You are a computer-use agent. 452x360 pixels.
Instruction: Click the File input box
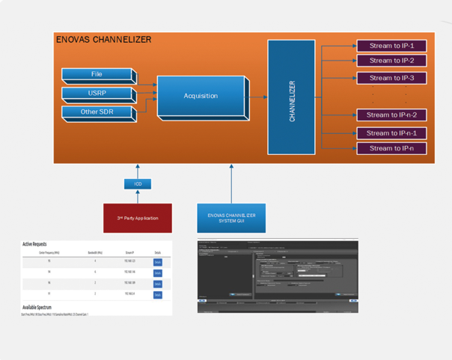pos(97,75)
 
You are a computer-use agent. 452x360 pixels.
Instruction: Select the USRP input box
pos(97,94)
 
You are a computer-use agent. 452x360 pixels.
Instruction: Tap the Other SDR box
pos(97,112)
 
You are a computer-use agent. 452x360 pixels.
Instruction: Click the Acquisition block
pos(201,96)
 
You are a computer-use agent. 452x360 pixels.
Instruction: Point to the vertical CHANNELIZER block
pos(291,97)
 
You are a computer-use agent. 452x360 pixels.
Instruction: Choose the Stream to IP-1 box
pos(391,46)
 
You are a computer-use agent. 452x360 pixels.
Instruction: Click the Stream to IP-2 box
pos(391,61)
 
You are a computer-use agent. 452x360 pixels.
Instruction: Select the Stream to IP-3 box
pos(391,78)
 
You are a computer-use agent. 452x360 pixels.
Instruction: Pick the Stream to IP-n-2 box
pos(391,115)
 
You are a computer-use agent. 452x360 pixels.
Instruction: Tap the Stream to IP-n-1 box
pos(391,133)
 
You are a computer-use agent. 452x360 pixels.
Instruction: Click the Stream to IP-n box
pos(391,148)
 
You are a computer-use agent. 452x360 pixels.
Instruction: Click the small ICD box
pos(138,183)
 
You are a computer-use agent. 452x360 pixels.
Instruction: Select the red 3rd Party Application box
pos(137,218)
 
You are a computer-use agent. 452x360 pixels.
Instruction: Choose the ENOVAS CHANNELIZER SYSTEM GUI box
pos(231,218)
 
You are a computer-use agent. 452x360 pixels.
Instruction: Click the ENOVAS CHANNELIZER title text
pos(103,40)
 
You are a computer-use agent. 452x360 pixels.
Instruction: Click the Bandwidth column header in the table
pos(95,253)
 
